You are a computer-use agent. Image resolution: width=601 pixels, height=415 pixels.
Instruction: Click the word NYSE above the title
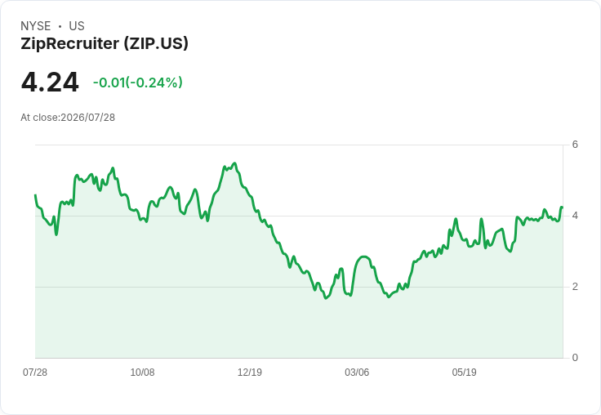(x=36, y=26)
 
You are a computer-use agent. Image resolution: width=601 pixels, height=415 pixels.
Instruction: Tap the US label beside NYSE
(x=77, y=26)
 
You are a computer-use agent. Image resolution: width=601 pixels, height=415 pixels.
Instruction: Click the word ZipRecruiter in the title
(x=69, y=43)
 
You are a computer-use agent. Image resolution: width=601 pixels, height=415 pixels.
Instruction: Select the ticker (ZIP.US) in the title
(x=156, y=43)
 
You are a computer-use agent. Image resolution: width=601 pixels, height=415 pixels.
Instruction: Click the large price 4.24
(x=50, y=83)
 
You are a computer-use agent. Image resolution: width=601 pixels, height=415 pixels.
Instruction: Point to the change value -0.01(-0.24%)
(x=138, y=83)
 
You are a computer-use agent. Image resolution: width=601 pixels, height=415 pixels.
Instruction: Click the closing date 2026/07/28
(x=87, y=118)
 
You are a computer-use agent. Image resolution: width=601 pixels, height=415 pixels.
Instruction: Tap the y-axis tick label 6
(x=575, y=145)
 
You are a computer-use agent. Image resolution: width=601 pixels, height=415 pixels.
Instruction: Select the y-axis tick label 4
(x=575, y=216)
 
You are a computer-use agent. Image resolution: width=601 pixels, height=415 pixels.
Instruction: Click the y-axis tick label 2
(x=575, y=287)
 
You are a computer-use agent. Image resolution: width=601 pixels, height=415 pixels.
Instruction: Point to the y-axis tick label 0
(x=575, y=358)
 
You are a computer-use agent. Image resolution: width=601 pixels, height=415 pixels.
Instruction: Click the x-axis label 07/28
(x=35, y=373)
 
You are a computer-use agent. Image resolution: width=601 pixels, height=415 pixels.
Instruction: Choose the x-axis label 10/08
(x=143, y=373)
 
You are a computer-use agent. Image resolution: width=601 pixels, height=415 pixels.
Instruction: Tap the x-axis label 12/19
(x=250, y=373)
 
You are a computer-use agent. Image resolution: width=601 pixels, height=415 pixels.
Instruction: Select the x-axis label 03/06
(x=357, y=373)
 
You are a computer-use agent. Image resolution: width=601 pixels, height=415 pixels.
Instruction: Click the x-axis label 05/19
(x=464, y=373)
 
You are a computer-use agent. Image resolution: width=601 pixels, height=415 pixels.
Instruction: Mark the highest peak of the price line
(x=235, y=163)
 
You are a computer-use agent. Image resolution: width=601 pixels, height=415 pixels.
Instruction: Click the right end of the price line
(x=562, y=207)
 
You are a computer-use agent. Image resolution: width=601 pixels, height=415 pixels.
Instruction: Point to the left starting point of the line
(x=36, y=195)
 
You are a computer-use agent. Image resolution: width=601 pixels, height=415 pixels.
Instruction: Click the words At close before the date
(x=39, y=118)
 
